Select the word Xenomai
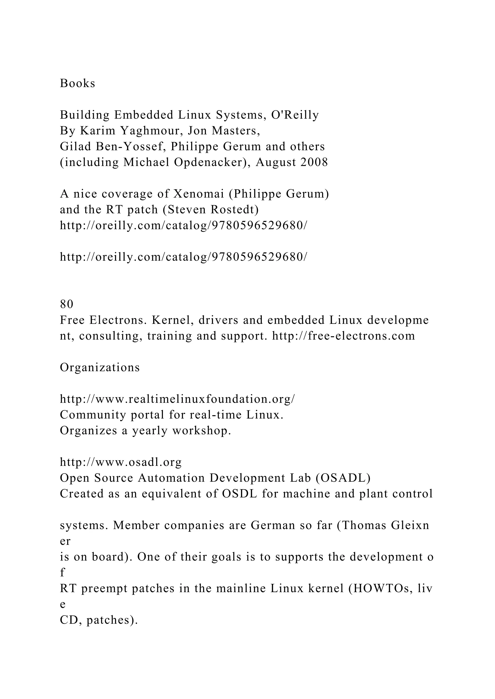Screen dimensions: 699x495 tap(198, 194)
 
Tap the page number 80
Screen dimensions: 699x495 tap(67, 304)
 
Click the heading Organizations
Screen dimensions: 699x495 tap(100, 367)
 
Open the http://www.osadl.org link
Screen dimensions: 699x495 tap(121, 462)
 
